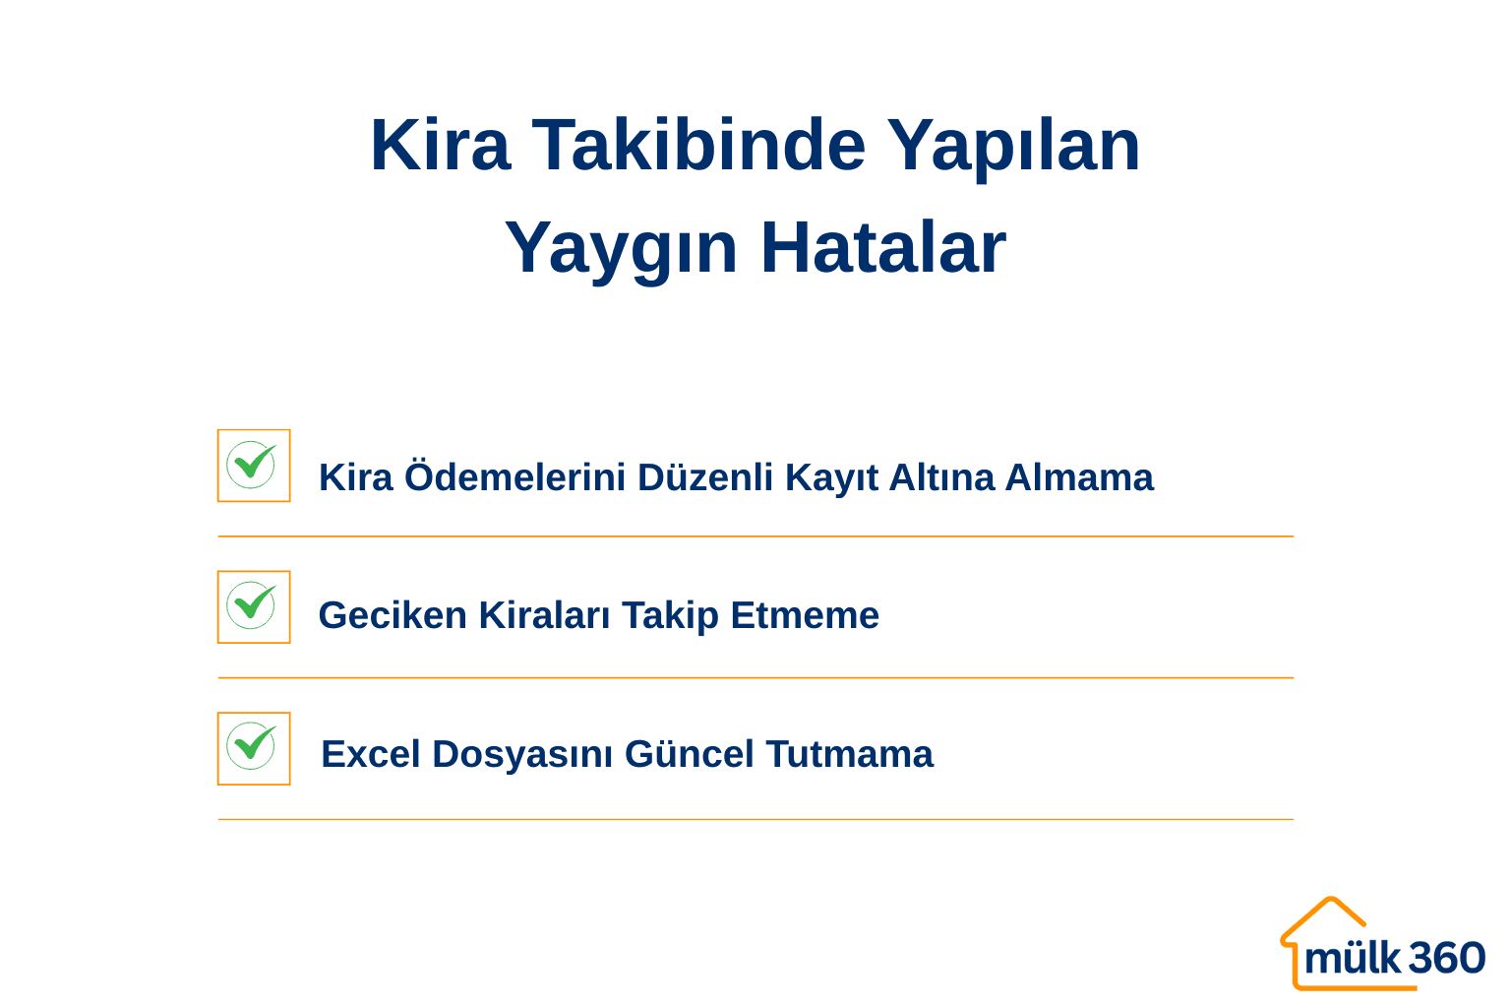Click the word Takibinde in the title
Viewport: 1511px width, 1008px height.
coord(698,146)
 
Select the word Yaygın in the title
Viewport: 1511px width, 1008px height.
coord(620,249)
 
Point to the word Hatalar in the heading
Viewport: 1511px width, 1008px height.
coord(882,247)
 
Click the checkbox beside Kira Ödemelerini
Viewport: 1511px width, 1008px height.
coord(254,466)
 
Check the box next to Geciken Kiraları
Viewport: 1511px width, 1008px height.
coord(254,607)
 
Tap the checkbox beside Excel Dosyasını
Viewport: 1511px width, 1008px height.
coord(254,748)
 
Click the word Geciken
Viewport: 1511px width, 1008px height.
coord(393,616)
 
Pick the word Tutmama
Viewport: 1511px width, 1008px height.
coord(849,755)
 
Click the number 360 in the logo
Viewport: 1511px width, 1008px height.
coord(1446,958)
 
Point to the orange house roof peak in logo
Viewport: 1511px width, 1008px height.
coord(1331,900)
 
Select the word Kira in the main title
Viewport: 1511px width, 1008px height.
coord(440,146)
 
